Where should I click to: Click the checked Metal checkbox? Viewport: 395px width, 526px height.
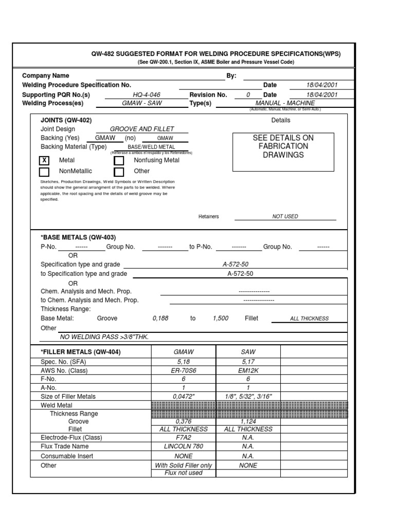coord(44,161)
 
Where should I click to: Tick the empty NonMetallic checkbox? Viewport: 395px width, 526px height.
coord(44,172)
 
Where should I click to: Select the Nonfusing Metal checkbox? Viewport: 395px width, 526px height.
coord(119,161)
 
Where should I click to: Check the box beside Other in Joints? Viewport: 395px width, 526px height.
coord(119,172)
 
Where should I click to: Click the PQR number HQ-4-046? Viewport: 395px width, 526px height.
coord(147,95)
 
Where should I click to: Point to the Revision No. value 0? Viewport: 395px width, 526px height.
coord(248,95)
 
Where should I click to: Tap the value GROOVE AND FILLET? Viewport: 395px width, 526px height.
coord(142,129)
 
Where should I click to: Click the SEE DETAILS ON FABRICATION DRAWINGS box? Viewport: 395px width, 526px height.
coord(283,147)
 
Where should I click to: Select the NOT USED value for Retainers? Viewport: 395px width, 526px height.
coord(285,217)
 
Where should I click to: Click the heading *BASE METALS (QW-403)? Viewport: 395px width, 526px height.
coord(78,237)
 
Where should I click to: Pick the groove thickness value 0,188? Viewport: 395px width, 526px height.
coord(160,318)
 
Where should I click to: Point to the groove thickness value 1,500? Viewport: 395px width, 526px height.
coord(220,318)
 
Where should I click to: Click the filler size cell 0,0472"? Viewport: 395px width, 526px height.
coord(183,397)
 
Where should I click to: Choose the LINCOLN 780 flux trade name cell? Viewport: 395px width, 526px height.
coord(183,446)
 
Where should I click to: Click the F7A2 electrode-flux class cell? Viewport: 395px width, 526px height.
coord(183,438)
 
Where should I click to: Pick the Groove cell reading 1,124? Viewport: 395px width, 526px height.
coord(248,421)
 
